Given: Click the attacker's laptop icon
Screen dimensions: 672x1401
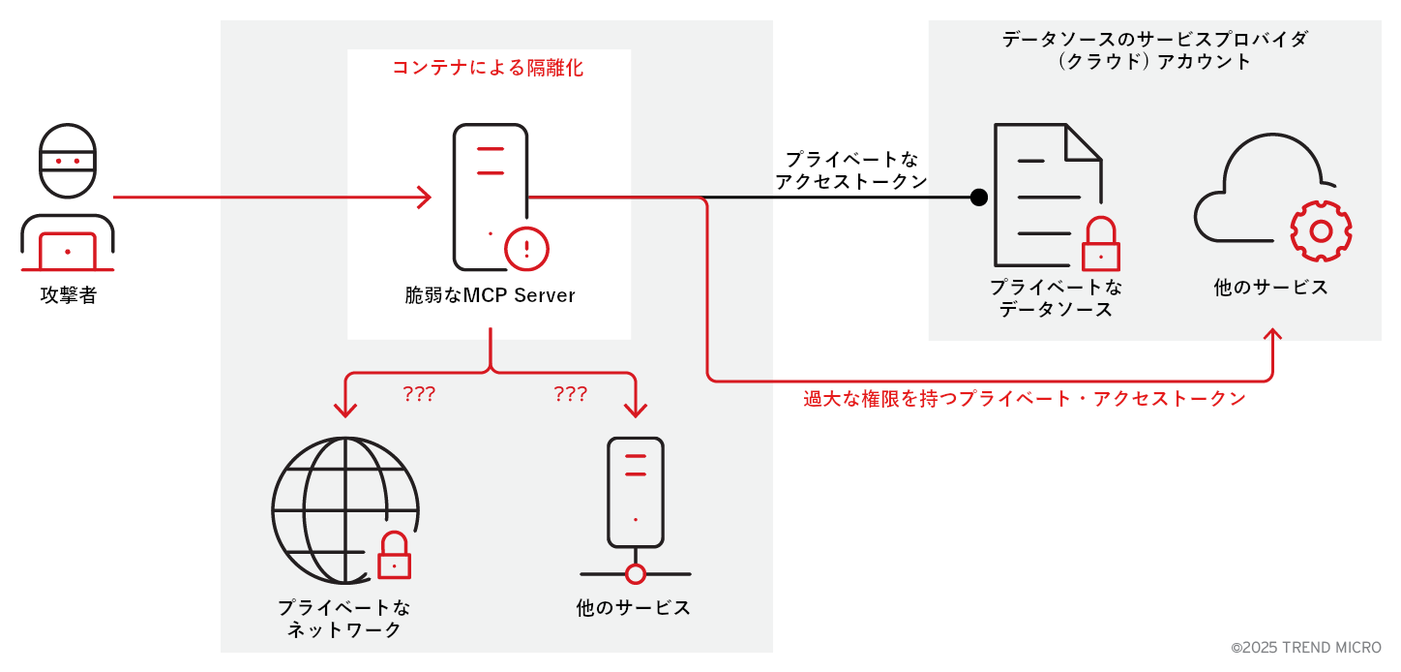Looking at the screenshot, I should (x=67, y=251).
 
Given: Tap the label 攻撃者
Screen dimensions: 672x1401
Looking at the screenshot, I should (x=68, y=295).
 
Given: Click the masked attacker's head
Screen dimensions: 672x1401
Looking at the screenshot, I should (x=68, y=161).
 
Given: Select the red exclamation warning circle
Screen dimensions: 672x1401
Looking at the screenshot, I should (x=526, y=248).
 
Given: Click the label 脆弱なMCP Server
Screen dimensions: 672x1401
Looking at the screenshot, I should (x=490, y=295).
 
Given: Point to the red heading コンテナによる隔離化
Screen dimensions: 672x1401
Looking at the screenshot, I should (x=488, y=68).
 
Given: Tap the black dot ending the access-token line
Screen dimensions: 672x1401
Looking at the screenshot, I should (x=979, y=198).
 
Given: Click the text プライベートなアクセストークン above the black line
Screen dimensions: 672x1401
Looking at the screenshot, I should (x=851, y=169).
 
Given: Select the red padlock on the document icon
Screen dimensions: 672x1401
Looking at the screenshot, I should (x=1100, y=246).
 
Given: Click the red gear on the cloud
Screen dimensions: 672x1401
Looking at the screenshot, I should (x=1321, y=230).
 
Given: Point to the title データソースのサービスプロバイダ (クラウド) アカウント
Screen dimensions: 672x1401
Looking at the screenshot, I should (x=1155, y=49).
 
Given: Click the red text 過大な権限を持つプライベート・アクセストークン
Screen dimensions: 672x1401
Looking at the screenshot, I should (x=1025, y=399).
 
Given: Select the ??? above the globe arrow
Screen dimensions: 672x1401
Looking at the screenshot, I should (x=419, y=394).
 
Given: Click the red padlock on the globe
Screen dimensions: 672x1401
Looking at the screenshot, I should (x=393, y=557).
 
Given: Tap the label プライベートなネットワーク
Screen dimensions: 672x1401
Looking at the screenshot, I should (x=344, y=619).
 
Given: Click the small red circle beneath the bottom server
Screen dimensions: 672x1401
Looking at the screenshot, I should (x=635, y=574).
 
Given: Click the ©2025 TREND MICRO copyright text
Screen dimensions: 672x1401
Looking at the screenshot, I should (x=1306, y=647).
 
